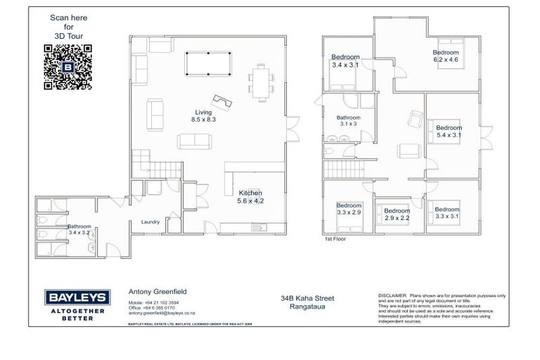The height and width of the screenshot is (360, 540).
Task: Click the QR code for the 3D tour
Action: pyautogui.click(x=68, y=67)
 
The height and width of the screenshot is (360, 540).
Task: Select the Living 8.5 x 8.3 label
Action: pyautogui.click(x=203, y=116)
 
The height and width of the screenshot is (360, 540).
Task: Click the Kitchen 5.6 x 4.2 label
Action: pyautogui.click(x=251, y=196)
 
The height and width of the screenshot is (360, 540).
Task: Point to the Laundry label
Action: pyautogui.click(x=150, y=221)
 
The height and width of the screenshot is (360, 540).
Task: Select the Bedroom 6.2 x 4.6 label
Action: pyautogui.click(x=445, y=57)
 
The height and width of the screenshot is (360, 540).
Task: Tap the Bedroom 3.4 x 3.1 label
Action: pyautogui.click(x=345, y=61)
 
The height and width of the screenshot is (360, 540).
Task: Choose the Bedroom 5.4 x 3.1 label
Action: pyautogui.click(x=449, y=131)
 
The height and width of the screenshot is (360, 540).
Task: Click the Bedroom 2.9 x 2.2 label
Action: pyautogui.click(x=397, y=214)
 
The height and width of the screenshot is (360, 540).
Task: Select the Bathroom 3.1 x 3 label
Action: pyautogui.click(x=348, y=120)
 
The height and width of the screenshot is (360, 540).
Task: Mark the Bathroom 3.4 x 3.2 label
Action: pyautogui.click(x=79, y=229)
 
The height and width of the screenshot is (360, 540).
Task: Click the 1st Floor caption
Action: pyautogui.click(x=335, y=239)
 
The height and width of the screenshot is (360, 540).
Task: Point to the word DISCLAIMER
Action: pyautogui.click(x=392, y=296)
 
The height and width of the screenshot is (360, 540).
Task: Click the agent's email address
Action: pyautogui.click(x=161, y=313)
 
